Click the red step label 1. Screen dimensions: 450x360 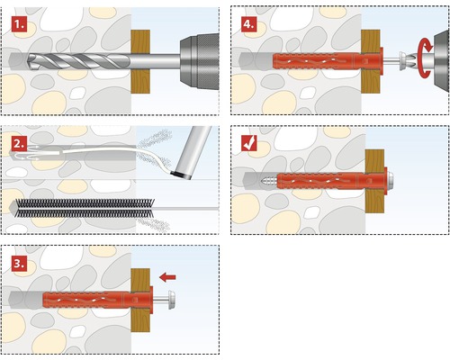20,24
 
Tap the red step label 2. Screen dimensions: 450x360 20,143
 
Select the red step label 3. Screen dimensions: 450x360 20,264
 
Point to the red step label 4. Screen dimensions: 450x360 249,24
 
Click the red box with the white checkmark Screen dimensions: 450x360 249,142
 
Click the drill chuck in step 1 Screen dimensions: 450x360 199,61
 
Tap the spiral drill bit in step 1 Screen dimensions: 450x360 79,61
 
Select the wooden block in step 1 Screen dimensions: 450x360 140,61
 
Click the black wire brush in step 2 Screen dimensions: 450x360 85,208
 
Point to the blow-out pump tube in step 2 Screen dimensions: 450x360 193,153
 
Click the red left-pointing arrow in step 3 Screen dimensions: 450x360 167,277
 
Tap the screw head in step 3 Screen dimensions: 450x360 172,300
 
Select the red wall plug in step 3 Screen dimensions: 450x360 98,300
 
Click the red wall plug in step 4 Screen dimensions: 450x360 328,60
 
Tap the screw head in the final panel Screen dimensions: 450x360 390,181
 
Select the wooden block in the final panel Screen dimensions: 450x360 374,181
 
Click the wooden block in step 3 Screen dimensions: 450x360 140,300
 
